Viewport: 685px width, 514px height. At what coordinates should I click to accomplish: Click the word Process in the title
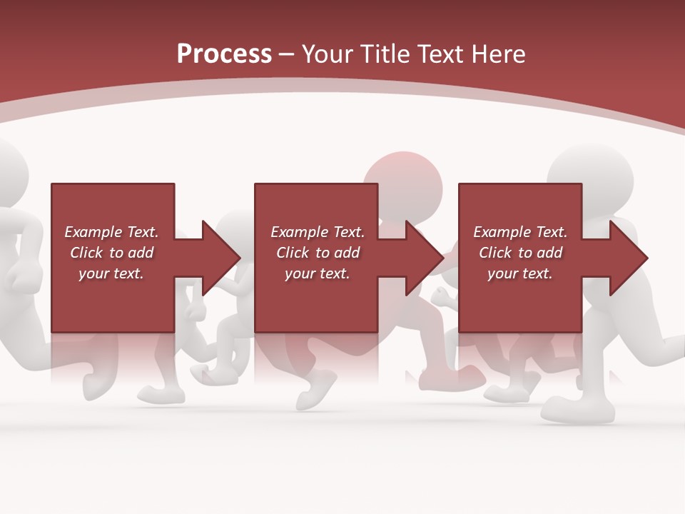pyautogui.click(x=224, y=54)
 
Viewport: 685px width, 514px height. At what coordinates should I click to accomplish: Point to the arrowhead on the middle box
pyautogui.click(x=424, y=258)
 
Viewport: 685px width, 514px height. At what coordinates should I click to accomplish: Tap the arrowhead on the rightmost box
pyautogui.click(x=627, y=258)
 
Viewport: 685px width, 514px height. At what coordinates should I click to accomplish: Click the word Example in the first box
pyautogui.click(x=93, y=232)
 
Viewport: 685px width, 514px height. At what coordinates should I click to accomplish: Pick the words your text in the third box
pyautogui.click(x=519, y=273)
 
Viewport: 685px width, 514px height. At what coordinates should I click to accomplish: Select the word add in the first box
pyautogui.click(x=141, y=253)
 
